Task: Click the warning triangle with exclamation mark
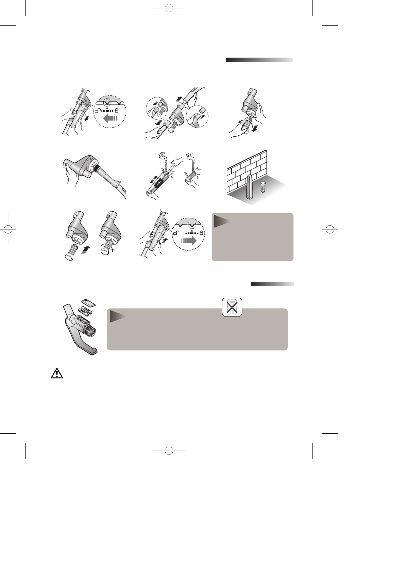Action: click(x=57, y=374)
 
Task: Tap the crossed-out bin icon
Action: click(x=232, y=307)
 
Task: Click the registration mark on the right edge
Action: click(x=330, y=229)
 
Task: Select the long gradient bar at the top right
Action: click(x=260, y=60)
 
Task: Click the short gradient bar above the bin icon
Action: click(x=272, y=284)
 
